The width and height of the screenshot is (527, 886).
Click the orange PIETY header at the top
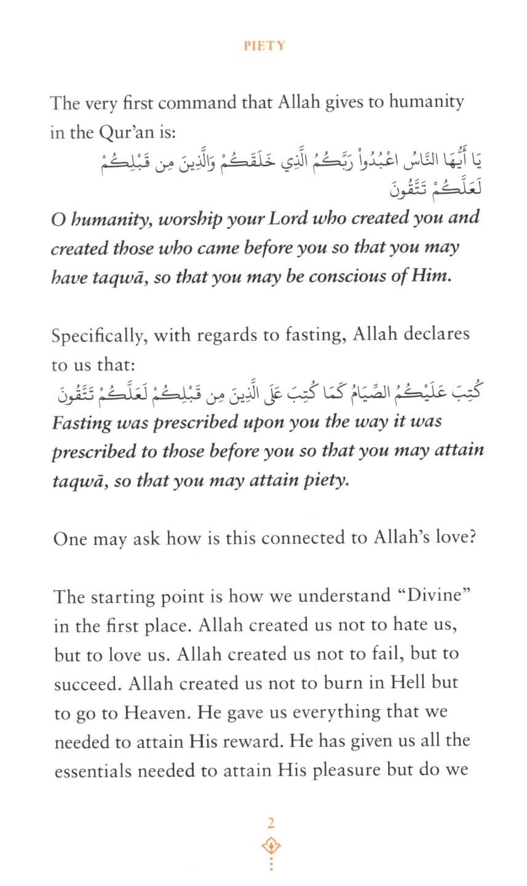264,46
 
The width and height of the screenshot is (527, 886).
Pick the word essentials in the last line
92,770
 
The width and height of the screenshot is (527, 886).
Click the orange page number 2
271,823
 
